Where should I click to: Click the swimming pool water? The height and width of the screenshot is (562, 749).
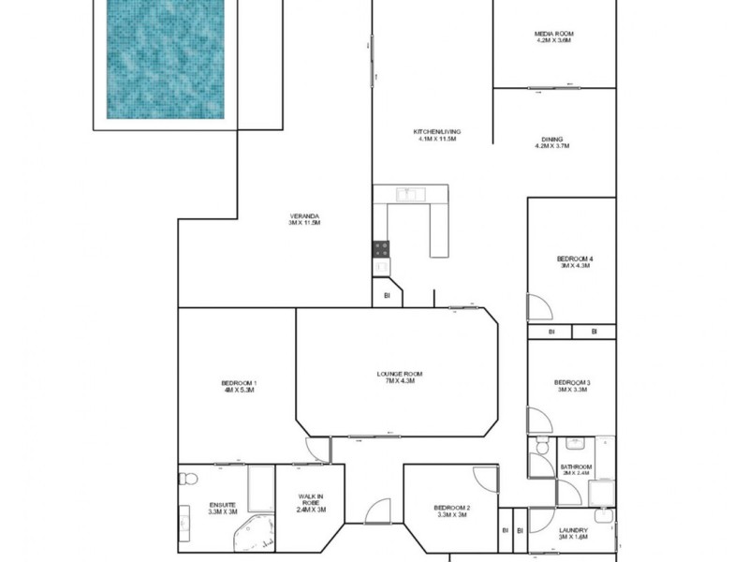[167, 58]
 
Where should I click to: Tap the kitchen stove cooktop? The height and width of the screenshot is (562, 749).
[382, 248]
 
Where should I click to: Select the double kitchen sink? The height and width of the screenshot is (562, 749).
[409, 194]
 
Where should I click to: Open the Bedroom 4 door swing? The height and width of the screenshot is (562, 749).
[539, 307]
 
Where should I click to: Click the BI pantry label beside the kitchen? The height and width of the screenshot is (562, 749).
[387, 296]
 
